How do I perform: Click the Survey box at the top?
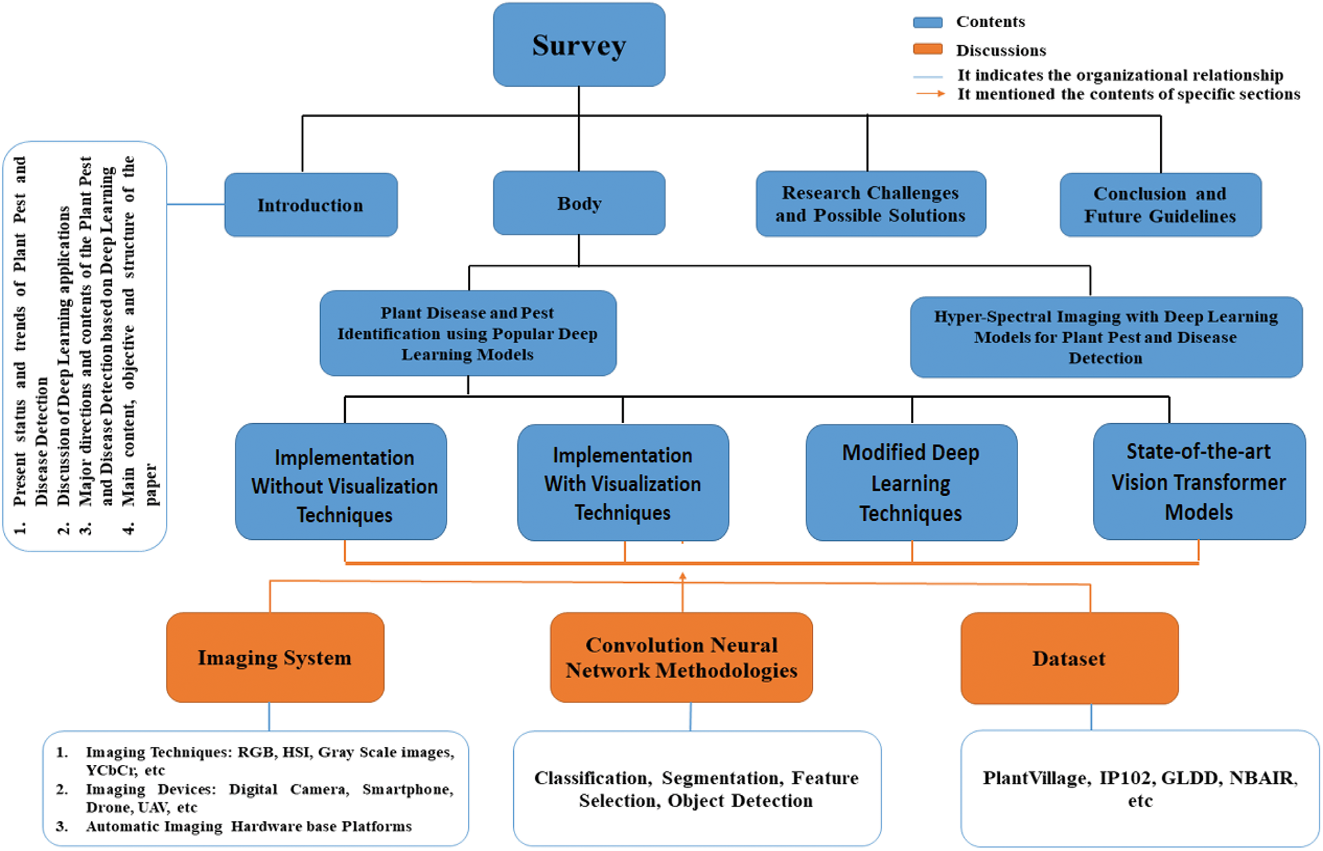579,45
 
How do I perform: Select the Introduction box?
311,205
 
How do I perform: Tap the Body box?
579,203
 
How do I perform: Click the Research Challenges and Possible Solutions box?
871,204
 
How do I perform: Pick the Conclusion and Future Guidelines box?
1160,205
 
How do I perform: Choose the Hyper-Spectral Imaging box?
1106,337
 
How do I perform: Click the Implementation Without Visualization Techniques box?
341,481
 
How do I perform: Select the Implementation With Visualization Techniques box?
623,482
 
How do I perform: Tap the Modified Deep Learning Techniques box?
911,482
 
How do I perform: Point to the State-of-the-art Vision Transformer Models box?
1199,481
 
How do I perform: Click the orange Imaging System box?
275,657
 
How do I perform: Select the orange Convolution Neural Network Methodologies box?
681,657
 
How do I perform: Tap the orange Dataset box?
1070,658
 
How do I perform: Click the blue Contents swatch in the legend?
928,22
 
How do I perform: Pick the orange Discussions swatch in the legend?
928,49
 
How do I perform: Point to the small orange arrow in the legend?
930,94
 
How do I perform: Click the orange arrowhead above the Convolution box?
683,577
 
